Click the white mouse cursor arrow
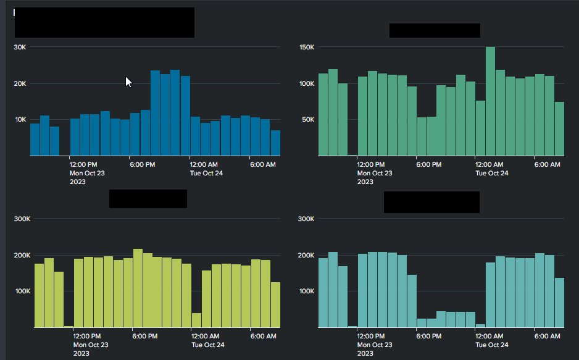(x=128, y=82)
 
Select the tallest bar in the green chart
(x=490, y=101)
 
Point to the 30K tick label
(x=20, y=48)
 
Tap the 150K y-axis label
(x=307, y=48)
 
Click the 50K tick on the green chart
(x=309, y=120)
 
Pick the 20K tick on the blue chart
(x=20, y=84)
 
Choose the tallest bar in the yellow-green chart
(x=138, y=288)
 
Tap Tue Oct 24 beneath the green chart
(x=492, y=173)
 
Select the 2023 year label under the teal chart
(x=365, y=353)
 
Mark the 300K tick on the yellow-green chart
(x=22, y=219)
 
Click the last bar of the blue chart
(x=275, y=143)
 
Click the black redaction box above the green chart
(x=435, y=30)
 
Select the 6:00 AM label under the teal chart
(x=547, y=336)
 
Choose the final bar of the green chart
(x=559, y=128)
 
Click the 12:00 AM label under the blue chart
(x=204, y=164)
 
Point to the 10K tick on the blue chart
(x=20, y=120)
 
